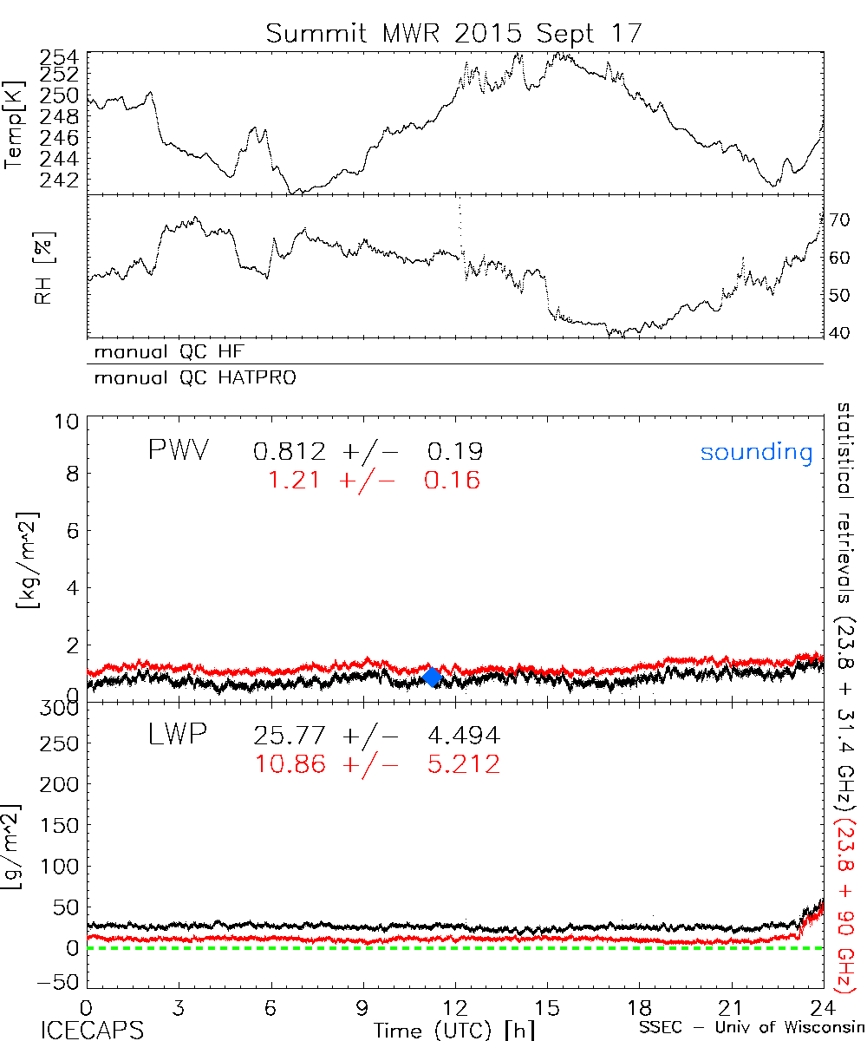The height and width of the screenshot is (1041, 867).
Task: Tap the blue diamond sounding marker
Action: click(433, 678)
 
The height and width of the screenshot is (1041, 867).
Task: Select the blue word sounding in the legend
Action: click(757, 452)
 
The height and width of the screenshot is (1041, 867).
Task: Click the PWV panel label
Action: click(178, 450)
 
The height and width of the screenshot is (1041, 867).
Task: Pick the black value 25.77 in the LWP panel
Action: click(290, 736)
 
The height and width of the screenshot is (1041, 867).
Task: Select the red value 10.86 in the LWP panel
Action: click(290, 764)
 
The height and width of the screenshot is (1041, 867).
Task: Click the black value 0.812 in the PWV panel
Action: click(290, 451)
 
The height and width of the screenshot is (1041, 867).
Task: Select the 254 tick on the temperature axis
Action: click(61, 57)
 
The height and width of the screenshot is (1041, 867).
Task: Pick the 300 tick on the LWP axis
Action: click(61, 709)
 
